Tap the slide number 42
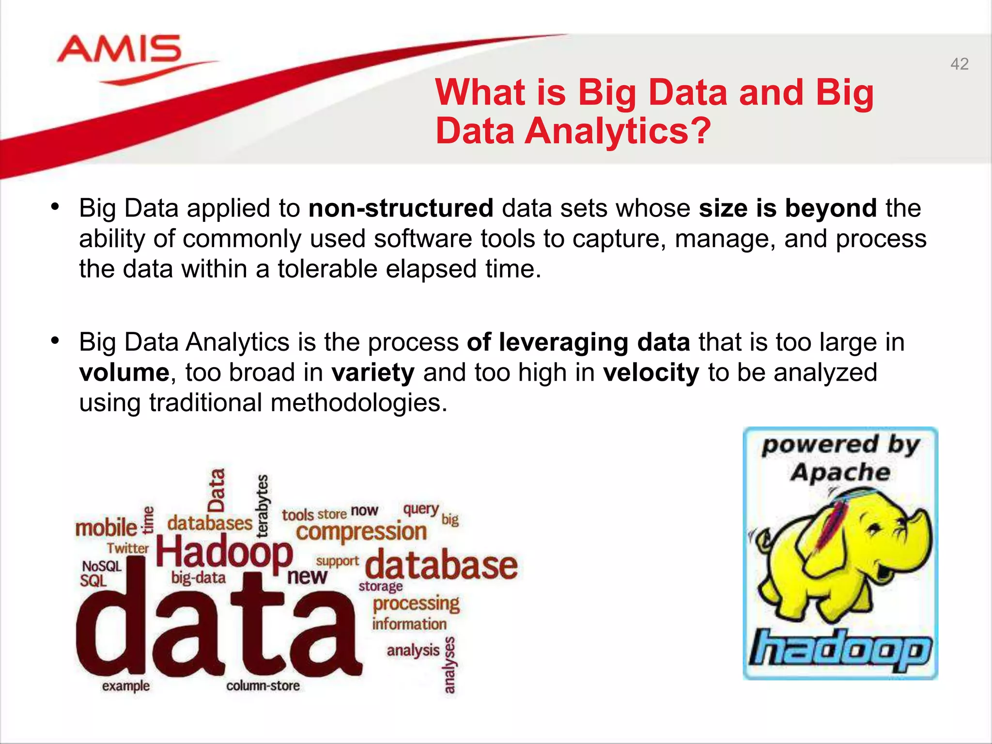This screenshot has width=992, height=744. coord(959,64)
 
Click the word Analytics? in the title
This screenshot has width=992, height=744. coord(618,131)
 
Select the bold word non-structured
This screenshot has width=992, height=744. coord(401,208)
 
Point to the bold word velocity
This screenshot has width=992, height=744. coord(651,372)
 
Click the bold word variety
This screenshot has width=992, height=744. coord(373,372)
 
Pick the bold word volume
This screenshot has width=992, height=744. coord(124,372)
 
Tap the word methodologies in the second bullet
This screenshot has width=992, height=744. coord(358,403)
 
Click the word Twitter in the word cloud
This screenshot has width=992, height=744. coord(128,548)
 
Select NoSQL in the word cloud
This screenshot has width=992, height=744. coord(102,566)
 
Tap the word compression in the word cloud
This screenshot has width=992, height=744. coord(361,532)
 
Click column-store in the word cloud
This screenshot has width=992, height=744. coord(263,686)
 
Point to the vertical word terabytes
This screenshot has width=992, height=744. coord(262,506)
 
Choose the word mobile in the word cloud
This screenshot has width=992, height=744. coord(106,527)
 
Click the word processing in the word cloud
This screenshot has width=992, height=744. coord(416,604)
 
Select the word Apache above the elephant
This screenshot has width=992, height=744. coord(840,472)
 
